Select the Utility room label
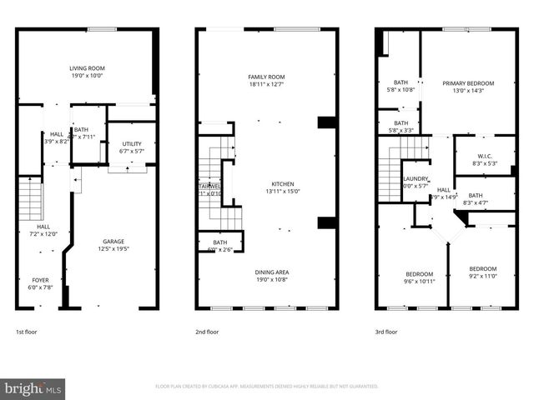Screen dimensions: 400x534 [132, 147]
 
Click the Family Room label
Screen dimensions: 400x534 [266, 80]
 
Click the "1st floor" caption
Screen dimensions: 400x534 [27, 332]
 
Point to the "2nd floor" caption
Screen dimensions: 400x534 [206, 332]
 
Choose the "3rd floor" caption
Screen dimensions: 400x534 [385, 332]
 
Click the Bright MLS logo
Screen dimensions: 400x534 [33, 388]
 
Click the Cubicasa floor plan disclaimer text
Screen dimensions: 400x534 [267, 387]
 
